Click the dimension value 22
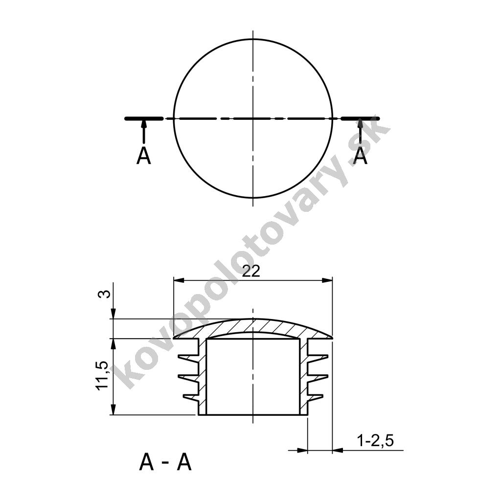(x=251, y=272)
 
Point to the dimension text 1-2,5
(x=375, y=441)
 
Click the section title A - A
(x=165, y=463)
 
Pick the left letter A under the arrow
(x=143, y=157)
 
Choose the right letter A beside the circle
(x=361, y=157)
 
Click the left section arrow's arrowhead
(x=144, y=123)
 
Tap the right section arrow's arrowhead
(x=361, y=123)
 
